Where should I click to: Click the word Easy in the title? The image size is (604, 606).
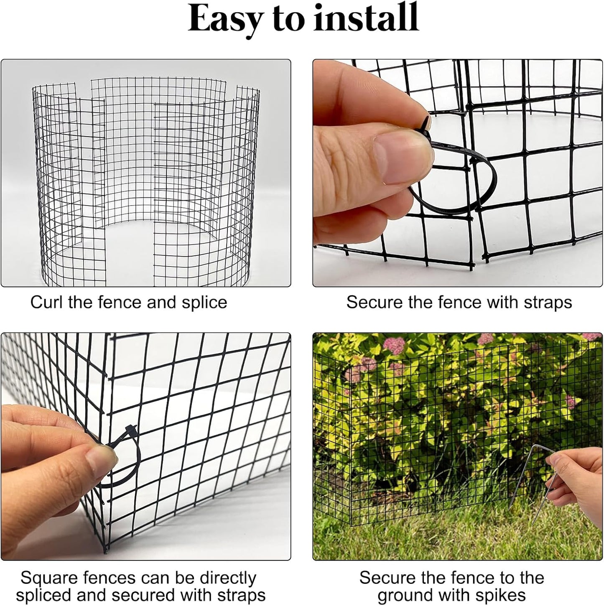224,19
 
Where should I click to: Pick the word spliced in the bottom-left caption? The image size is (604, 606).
44,595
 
